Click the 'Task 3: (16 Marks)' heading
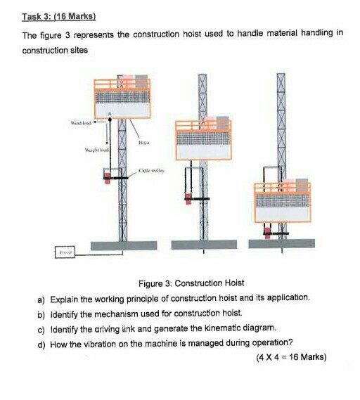click(58, 15)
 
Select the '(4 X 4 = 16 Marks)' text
click(292, 357)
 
